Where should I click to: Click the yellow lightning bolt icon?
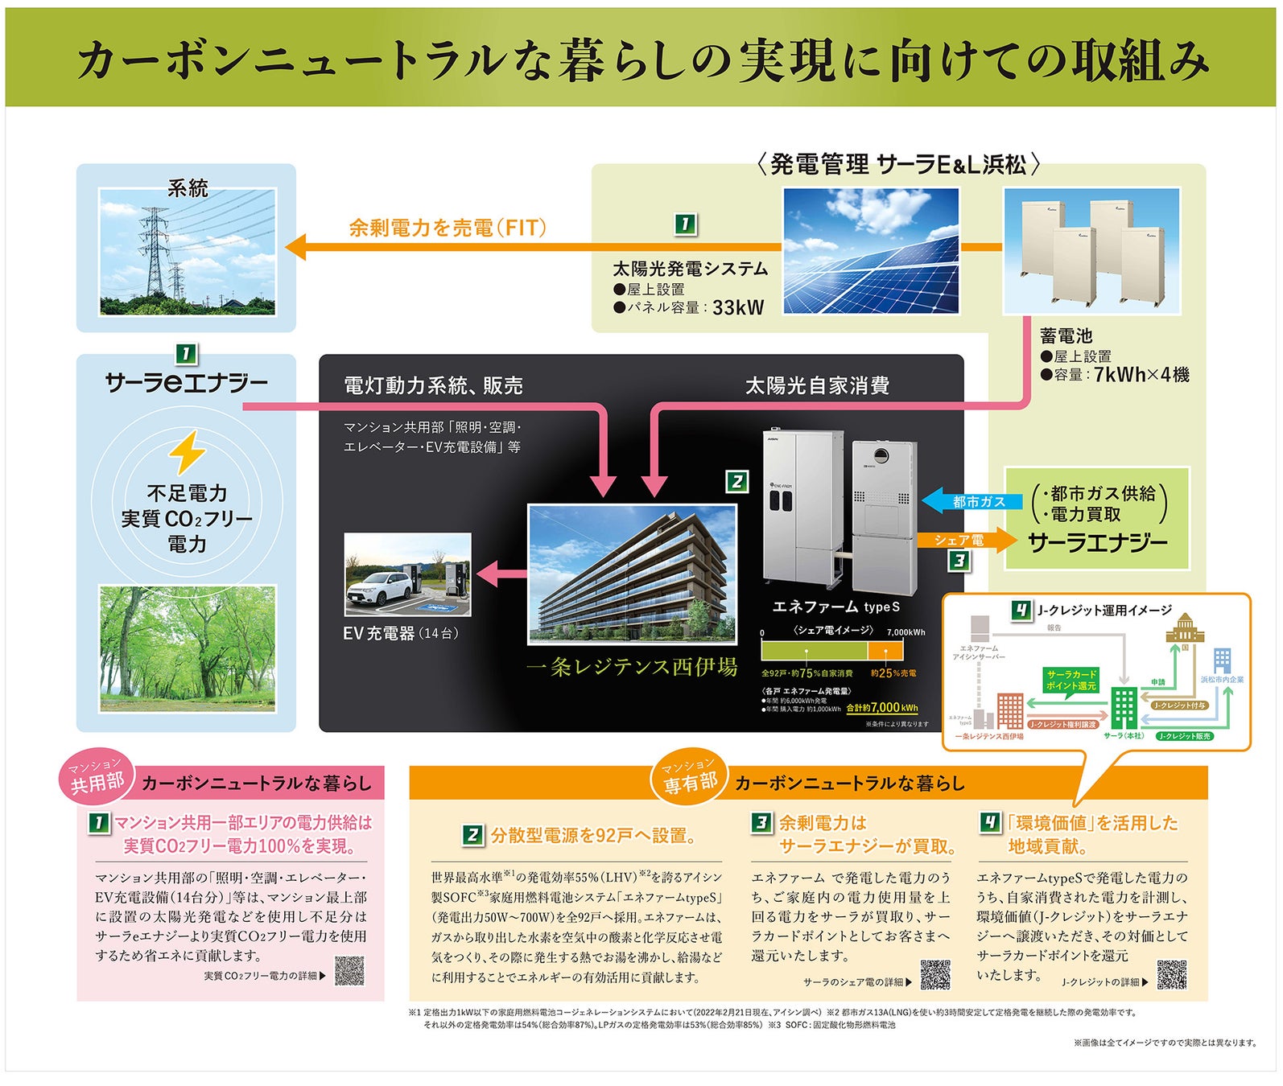(x=187, y=451)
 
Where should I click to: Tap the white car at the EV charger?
(x=377, y=588)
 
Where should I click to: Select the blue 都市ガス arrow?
(x=972, y=501)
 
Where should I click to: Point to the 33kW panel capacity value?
(x=738, y=307)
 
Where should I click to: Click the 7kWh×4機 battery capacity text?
(x=1141, y=375)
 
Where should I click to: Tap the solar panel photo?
(x=871, y=251)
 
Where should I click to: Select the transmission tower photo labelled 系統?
(x=187, y=252)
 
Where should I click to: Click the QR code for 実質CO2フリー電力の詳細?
(x=349, y=971)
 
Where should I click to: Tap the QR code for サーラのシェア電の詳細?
(x=935, y=974)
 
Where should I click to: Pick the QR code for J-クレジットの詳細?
(x=1171, y=974)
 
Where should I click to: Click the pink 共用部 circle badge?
(x=97, y=778)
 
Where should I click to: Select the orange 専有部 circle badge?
(x=689, y=778)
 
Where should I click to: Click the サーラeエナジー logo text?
(x=186, y=383)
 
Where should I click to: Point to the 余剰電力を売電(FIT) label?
(x=448, y=228)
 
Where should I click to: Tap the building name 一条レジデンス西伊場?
(x=632, y=667)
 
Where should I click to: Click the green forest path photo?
(x=187, y=648)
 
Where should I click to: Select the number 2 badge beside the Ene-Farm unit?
(x=736, y=482)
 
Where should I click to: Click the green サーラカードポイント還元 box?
(x=1071, y=680)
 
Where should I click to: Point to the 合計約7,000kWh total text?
(x=882, y=708)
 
